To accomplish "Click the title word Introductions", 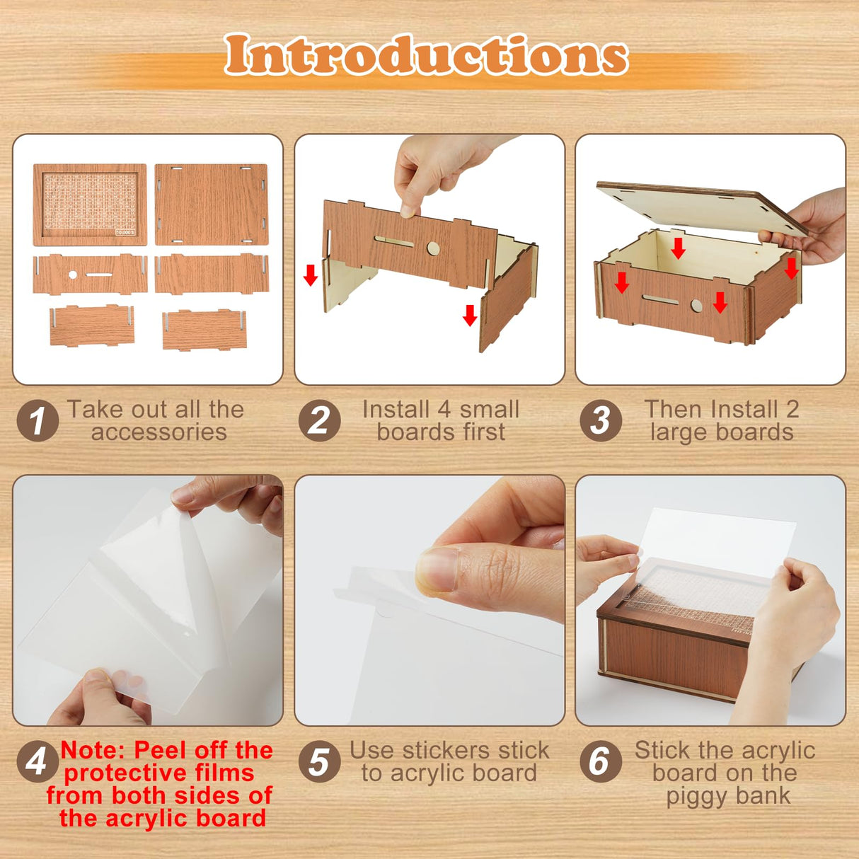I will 426,55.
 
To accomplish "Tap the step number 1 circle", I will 38,421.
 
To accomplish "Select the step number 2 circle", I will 319,421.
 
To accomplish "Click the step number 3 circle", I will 601,421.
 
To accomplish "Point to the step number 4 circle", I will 36,761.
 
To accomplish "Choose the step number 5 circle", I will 319,761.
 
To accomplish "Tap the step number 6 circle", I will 601,761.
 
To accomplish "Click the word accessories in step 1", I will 158,432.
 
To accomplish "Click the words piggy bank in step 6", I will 727,795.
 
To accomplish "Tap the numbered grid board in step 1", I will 90,204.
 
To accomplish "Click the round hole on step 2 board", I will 433,248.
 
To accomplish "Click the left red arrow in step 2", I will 310,275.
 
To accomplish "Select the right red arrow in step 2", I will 470,314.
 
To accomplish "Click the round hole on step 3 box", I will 696,306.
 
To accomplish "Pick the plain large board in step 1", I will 211,204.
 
